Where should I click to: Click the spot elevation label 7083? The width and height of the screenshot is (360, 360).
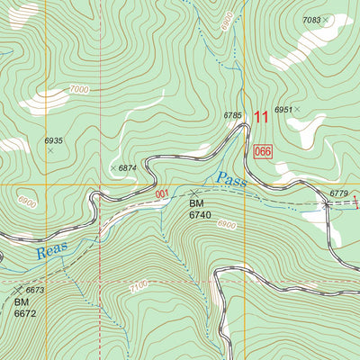pyautogui.click(x=311, y=20)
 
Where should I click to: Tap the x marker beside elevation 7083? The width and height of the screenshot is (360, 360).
pyautogui.click(x=327, y=18)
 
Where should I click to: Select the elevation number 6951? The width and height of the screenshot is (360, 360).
pyautogui.click(x=283, y=110)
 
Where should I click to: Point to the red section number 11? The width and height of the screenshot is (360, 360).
pyautogui.click(x=262, y=116)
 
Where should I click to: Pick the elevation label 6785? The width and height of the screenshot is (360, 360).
pyautogui.click(x=233, y=115)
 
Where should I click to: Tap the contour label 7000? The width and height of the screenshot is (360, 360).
pyautogui.click(x=78, y=90)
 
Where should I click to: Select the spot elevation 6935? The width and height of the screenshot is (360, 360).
pyautogui.click(x=53, y=141)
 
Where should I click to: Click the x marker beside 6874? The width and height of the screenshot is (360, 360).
pyautogui.click(x=112, y=168)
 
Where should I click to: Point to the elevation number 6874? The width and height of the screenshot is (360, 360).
pyautogui.click(x=128, y=168)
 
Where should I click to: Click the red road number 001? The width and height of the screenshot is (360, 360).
pyautogui.click(x=161, y=193)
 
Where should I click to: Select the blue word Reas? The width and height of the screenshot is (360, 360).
pyautogui.click(x=52, y=249)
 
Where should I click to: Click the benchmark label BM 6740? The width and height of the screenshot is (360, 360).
pyautogui.click(x=200, y=210)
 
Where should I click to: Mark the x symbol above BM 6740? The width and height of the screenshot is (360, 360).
pyautogui.click(x=193, y=193)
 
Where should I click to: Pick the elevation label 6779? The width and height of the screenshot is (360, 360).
pyautogui.click(x=338, y=193)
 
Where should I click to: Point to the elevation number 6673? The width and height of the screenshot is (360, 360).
pyautogui.click(x=35, y=290)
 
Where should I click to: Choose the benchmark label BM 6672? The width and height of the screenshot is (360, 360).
pyautogui.click(x=26, y=308)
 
